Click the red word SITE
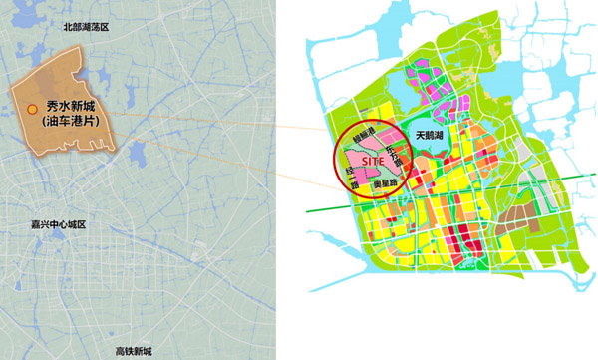tap(375, 159)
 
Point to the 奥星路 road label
tap(386, 184)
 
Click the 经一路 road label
tap(351, 180)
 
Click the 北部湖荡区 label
tap(85, 28)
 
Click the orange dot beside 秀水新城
tap(32, 109)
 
